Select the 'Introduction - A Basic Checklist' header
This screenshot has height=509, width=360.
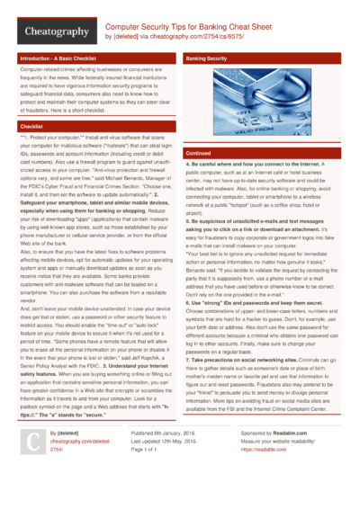coord(58,58)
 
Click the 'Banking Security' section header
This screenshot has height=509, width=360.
coord(206,58)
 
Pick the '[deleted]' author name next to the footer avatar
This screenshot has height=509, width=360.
coord(62,458)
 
